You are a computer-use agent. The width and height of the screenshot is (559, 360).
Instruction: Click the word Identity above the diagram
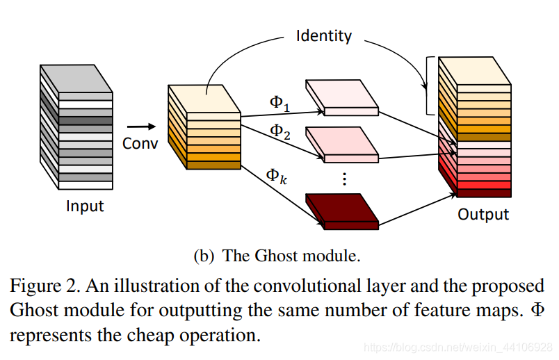(323, 35)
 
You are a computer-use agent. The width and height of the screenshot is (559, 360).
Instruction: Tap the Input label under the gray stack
(84, 206)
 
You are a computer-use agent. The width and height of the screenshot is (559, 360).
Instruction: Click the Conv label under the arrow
(140, 144)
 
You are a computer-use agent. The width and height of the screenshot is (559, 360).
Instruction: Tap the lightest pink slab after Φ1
(342, 97)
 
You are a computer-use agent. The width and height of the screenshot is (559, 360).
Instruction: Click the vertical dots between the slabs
(343, 179)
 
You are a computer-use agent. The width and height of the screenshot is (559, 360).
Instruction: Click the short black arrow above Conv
(141, 126)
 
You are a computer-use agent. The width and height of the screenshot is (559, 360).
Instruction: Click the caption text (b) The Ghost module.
(276, 256)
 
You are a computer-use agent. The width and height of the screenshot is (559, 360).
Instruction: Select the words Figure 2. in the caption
(41, 286)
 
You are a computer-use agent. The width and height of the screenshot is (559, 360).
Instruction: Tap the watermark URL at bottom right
(458, 346)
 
